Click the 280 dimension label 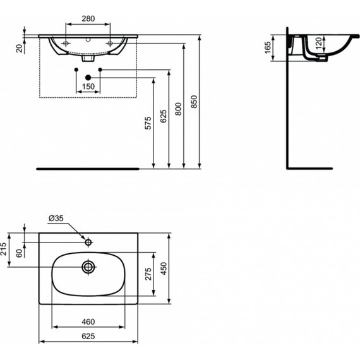[x=88, y=19]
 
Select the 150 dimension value [x=88, y=86]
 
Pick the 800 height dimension [x=178, y=108]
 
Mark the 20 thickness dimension [x=20, y=47]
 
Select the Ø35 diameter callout [x=55, y=219]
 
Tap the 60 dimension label [x=19, y=253]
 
